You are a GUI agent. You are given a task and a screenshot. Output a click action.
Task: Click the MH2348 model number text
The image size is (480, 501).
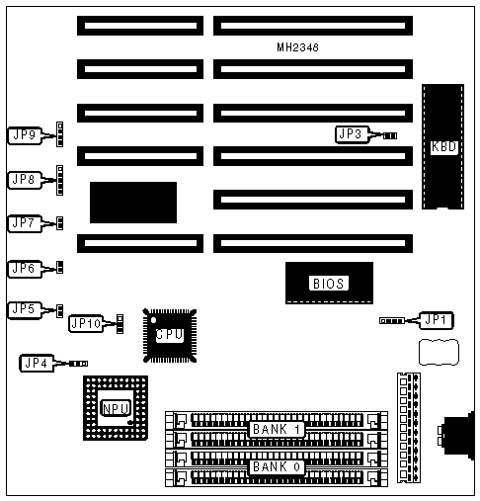pos(297,47)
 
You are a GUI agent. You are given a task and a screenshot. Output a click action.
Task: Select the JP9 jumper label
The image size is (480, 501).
pos(25,135)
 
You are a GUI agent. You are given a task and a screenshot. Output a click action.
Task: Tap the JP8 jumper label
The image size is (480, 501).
pos(25,180)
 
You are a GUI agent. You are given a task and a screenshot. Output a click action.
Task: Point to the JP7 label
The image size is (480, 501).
pos(25,223)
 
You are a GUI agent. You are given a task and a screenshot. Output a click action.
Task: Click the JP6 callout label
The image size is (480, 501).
pos(25,269)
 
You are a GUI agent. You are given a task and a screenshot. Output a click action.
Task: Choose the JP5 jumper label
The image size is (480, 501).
pos(25,310)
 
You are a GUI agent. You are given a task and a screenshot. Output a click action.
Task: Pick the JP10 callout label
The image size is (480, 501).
pos(86,323)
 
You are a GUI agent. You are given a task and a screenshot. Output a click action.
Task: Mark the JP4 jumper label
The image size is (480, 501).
pos(37,364)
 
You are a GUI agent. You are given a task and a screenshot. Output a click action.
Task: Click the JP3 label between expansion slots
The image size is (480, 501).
pos(351,134)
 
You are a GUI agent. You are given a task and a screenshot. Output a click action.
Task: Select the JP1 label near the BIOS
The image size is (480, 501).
pos(437,320)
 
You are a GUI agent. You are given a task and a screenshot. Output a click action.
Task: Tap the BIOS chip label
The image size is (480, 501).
pos(329,284)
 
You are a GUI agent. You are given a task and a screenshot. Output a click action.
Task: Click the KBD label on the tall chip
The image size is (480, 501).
pos(443,147)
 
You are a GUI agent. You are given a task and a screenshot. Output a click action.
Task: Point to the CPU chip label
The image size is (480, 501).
pos(170,335)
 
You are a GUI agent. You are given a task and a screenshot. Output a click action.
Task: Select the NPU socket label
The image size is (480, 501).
pos(116,408)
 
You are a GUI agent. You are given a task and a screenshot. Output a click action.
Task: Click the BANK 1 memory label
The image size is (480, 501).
pos(276,429)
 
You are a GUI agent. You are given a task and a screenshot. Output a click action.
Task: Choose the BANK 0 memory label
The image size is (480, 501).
pos(276,466)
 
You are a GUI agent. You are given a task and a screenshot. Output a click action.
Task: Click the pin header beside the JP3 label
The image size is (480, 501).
pos(390,135)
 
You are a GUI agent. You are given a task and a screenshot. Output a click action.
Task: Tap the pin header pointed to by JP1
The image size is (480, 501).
pos(392,321)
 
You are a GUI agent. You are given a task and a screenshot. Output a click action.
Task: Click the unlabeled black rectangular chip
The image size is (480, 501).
pos(133,203)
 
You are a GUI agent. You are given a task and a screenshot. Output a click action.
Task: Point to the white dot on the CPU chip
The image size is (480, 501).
pos(153,320)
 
